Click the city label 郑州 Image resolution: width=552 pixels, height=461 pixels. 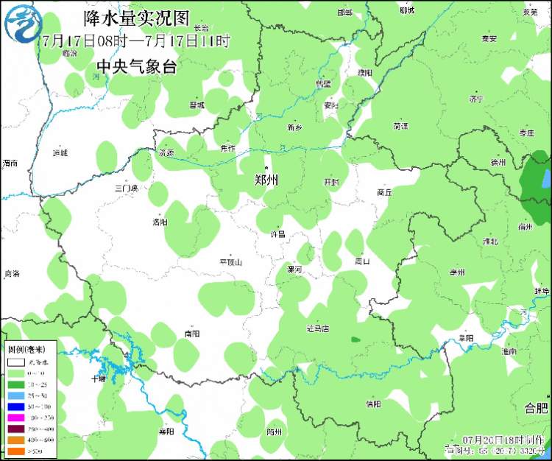(266, 179)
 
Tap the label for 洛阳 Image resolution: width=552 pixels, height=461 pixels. (160, 222)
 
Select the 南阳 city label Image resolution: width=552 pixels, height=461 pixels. (192, 334)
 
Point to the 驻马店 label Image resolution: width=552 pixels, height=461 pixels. (317, 328)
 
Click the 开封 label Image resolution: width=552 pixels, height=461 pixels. (332, 182)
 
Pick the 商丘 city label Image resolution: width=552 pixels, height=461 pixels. (384, 191)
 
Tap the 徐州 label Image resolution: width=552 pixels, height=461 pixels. (498, 163)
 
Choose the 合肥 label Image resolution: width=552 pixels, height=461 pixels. (536, 408)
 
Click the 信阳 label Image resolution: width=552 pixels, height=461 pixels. (373, 404)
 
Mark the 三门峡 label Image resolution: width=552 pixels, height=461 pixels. (127, 189)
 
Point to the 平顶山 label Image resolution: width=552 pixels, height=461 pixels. (230, 262)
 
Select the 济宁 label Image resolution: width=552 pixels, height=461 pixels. (475, 99)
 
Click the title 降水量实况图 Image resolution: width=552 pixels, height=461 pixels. (137, 17)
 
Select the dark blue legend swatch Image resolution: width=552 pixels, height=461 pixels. (15, 407)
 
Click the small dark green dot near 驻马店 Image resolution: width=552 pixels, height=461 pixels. (356, 339)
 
